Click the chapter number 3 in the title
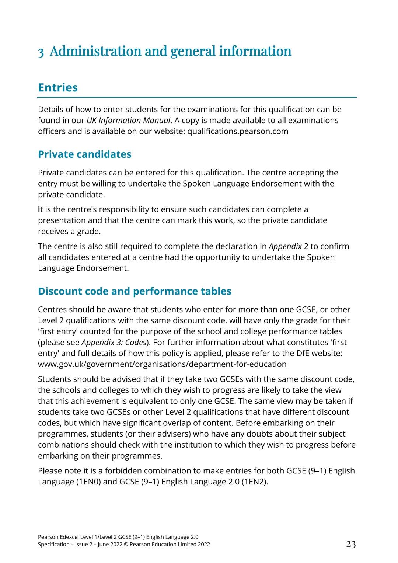[x=41, y=52]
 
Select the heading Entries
[x=58, y=88]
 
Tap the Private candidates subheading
[x=84, y=154]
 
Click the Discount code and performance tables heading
[x=135, y=291]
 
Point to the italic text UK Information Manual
[x=128, y=121]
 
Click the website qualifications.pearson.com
[x=238, y=132]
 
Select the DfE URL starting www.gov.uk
[x=162, y=365]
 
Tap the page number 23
[x=351, y=544]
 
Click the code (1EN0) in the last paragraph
[x=88, y=482]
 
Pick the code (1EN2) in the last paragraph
[x=254, y=482]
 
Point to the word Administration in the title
[x=95, y=51]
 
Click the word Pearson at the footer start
[x=48, y=537]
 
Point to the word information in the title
[x=255, y=51]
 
